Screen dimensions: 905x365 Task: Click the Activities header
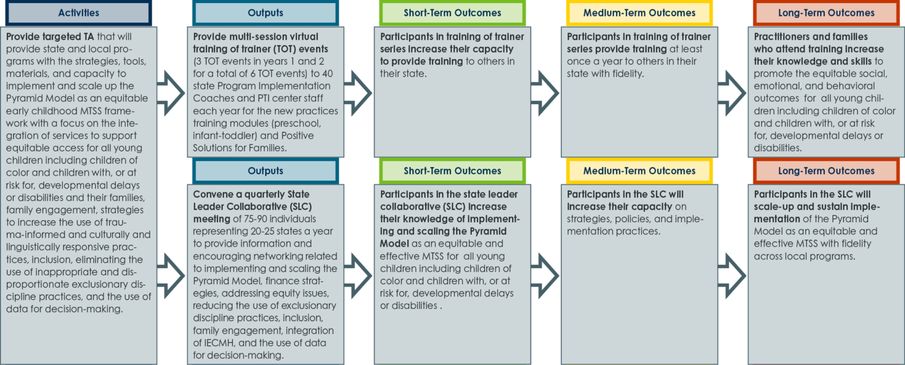[78, 12]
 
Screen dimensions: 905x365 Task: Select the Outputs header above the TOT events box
[266, 12]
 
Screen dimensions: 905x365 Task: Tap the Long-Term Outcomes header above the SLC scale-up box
[826, 170]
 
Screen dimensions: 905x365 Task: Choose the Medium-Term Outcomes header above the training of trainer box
[639, 12]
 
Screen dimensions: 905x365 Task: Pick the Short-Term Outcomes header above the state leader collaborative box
[452, 170]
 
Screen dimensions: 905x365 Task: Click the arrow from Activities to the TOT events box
[171, 93]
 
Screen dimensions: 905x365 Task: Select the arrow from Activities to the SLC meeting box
[171, 276]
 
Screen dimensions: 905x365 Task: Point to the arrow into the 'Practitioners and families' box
[732, 93]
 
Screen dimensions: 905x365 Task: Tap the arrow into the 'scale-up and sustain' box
[732, 276]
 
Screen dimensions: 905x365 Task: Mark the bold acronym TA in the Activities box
[88, 37]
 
